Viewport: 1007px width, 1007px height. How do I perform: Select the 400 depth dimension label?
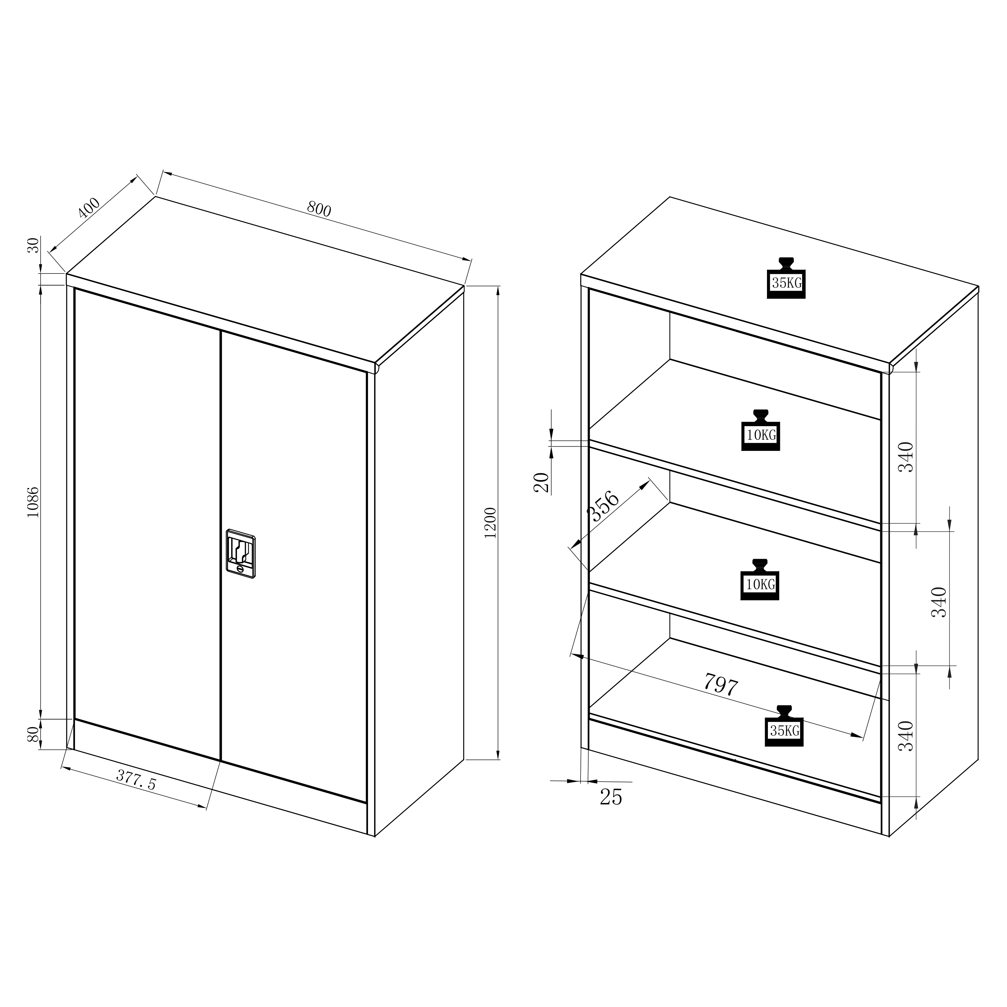click(x=89, y=208)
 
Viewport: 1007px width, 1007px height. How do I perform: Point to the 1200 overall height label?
click(x=491, y=522)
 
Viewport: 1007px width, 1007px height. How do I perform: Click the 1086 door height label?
click(x=33, y=502)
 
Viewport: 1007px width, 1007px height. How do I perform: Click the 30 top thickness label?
click(x=33, y=245)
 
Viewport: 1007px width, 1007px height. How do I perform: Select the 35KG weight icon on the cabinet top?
click(x=786, y=278)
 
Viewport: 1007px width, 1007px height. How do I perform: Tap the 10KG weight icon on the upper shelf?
click(x=760, y=430)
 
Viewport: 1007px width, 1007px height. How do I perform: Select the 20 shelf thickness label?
click(x=542, y=482)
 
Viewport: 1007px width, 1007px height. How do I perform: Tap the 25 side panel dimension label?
click(x=611, y=797)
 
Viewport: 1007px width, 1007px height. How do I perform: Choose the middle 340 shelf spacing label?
click(x=939, y=602)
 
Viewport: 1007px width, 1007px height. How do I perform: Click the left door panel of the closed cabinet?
click(x=147, y=524)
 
